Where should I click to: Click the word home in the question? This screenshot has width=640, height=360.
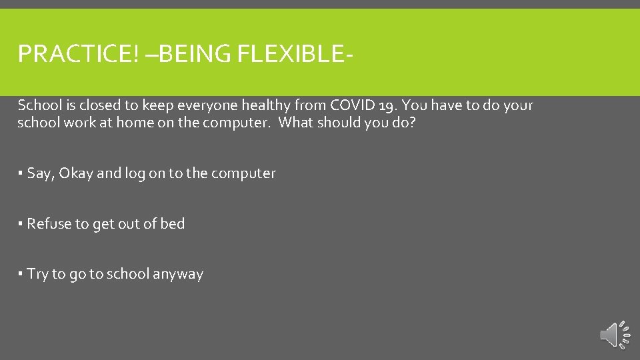tap(135, 123)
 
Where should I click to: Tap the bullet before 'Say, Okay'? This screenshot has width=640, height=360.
tap(21, 173)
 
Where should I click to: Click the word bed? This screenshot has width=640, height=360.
tap(172, 224)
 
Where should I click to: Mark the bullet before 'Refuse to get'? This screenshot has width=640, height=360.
tap(21, 224)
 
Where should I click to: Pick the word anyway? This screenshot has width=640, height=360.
tap(178, 275)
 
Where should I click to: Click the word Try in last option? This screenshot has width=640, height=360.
tap(37, 275)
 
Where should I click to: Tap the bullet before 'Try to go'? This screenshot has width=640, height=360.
tap(21, 274)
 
